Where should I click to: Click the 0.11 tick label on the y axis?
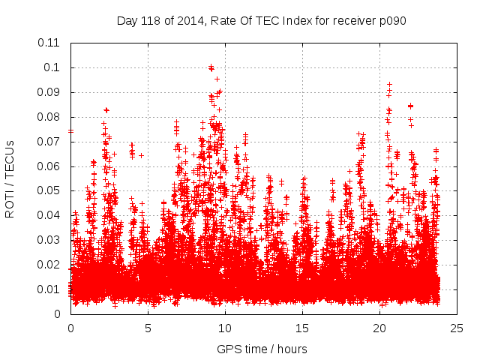tap(49, 43)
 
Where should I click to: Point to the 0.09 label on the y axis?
tap(49, 92)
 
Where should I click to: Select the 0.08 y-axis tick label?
tap(49, 117)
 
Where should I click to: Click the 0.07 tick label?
tap(49, 142)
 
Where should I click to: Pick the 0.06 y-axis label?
tap(49, 166)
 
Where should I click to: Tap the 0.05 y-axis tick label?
tap(49, 190)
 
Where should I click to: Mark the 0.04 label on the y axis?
tap(49, 215)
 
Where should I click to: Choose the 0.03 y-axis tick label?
tap(49, 240)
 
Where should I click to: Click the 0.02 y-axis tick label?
tap(49, 265)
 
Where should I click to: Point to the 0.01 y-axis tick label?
tap(49, 289)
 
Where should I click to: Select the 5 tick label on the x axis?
tap(148, 328)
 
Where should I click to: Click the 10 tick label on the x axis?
tap(225, 328)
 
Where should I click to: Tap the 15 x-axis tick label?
tap(302, 328)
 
